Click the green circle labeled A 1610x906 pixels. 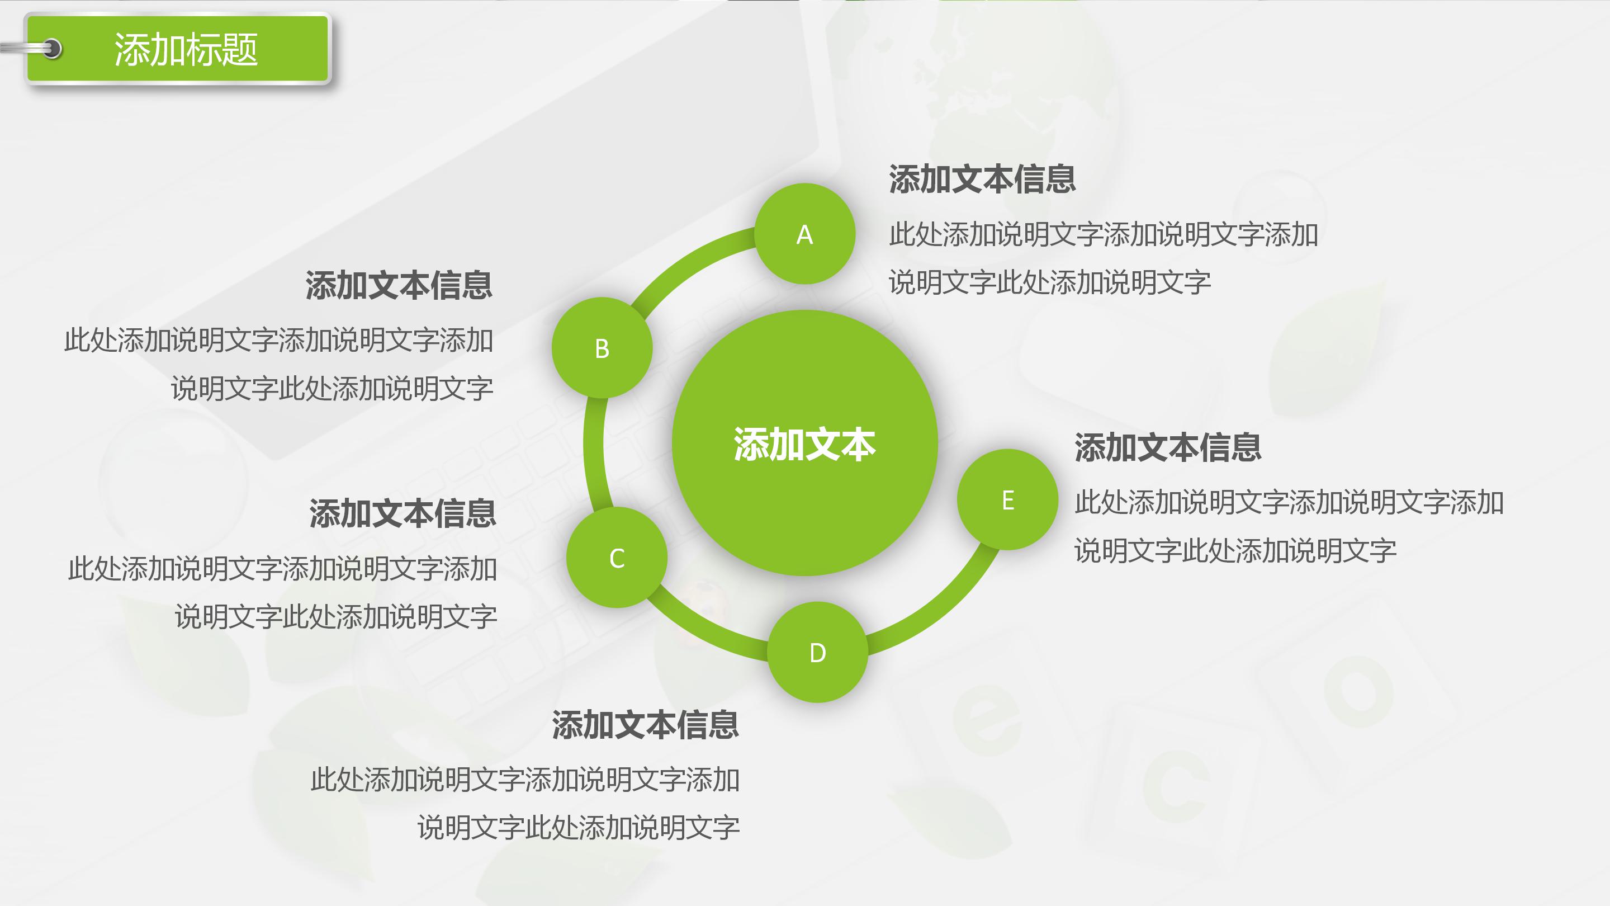(x=804, y=234)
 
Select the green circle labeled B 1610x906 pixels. (x=602, y=348)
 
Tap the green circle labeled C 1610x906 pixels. (x=617, y=557)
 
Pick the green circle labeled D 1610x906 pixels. (x=817, y=652)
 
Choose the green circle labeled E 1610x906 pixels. (x=1007, y=499)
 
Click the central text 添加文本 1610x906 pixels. (x=804, y=445)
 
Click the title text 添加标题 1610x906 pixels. (x=186, y=49)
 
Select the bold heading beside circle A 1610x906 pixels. (x=982, y=180)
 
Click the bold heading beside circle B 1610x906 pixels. (x=399, y=286)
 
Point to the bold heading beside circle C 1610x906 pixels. (x=402, y=514)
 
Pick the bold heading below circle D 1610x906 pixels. (x=645, y=725)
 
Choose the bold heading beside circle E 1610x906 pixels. (x=1167, y=447)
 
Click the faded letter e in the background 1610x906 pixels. (x=987, y=719)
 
